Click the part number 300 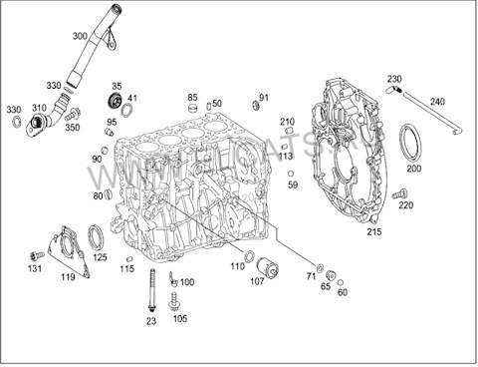81,36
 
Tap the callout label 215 373,231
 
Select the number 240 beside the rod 438,102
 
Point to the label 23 151,321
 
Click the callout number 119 68,278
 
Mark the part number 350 73,128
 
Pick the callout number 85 193,97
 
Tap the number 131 34,268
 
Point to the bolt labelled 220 399,192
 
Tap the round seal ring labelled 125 97,238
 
